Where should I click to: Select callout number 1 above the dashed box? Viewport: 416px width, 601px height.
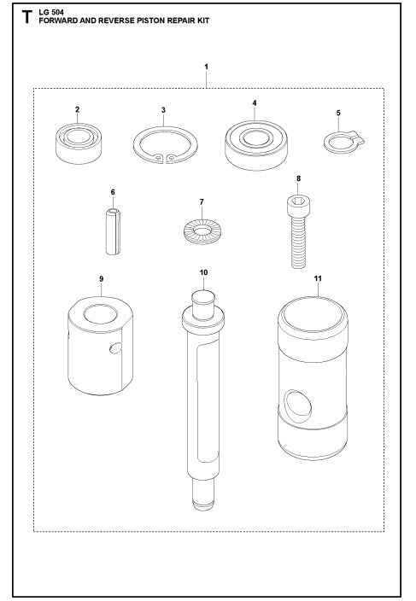tap(206, 66)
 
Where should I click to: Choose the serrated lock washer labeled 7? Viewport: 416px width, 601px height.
tap(202, 230)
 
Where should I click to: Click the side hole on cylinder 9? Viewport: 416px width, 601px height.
tap(115, 347)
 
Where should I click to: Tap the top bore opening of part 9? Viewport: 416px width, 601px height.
tap(99, 309)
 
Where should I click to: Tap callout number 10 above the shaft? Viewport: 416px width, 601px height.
tap(203, 273)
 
